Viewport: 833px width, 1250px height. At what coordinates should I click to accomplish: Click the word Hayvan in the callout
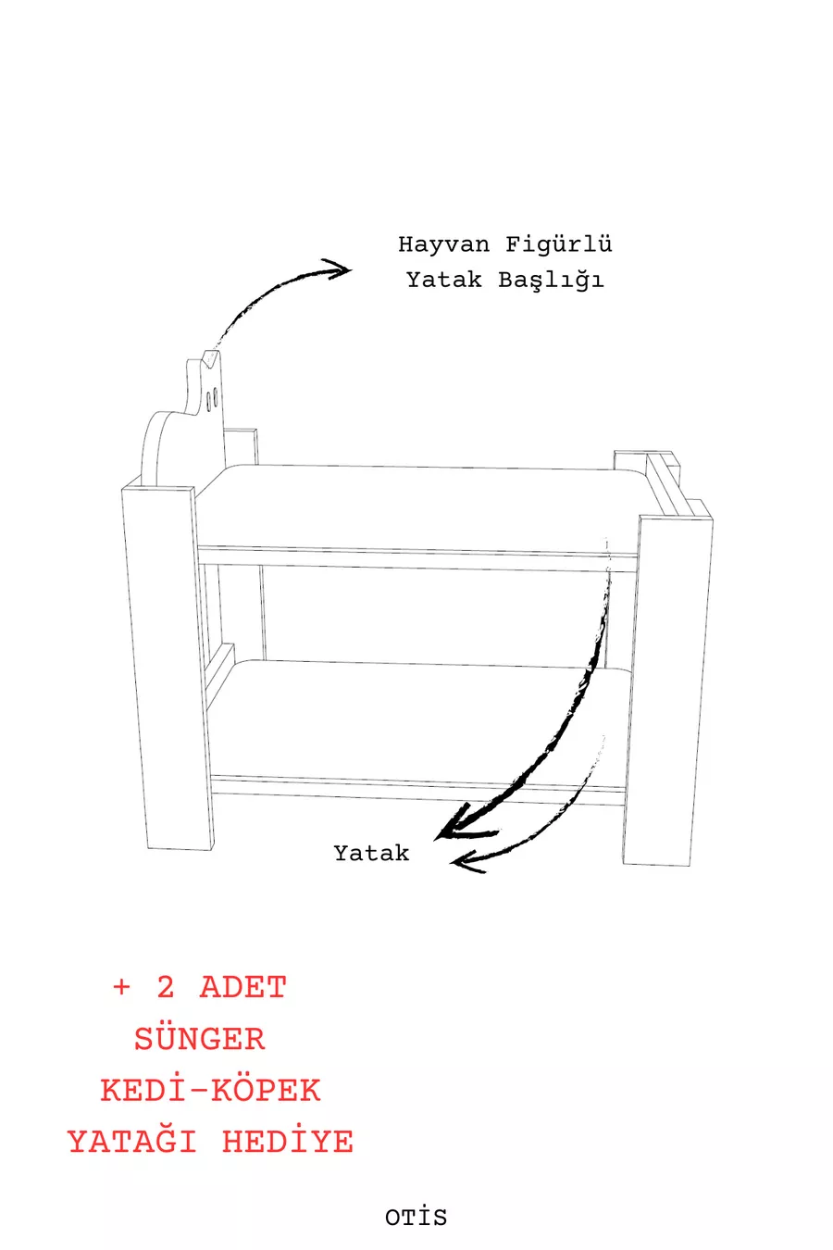(x=443, y=244)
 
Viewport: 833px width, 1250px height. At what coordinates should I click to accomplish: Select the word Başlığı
(x=551, y=281)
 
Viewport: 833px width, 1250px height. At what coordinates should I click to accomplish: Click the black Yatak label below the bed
(x=371, y=853)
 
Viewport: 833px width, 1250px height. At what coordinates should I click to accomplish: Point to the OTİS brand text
(x=416, y=1217)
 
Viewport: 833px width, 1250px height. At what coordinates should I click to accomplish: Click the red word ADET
(x=243, y=987)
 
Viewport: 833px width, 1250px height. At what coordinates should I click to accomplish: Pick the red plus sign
(x=121, y=987)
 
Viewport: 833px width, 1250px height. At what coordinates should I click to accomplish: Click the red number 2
(x=165, y=987)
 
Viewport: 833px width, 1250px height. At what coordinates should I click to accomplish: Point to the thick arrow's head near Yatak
(x=459, y=825)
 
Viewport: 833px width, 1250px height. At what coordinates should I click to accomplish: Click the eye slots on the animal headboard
(x=212, y=398)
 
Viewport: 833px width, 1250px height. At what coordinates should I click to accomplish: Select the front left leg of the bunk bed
(x=168, y=667)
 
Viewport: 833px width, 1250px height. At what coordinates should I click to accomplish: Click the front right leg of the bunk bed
(x=667, y=691)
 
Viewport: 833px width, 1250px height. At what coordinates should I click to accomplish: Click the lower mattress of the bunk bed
(x=418, y=719)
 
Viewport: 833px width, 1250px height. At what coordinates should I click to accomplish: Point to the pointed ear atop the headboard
(x=210, y=357)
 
